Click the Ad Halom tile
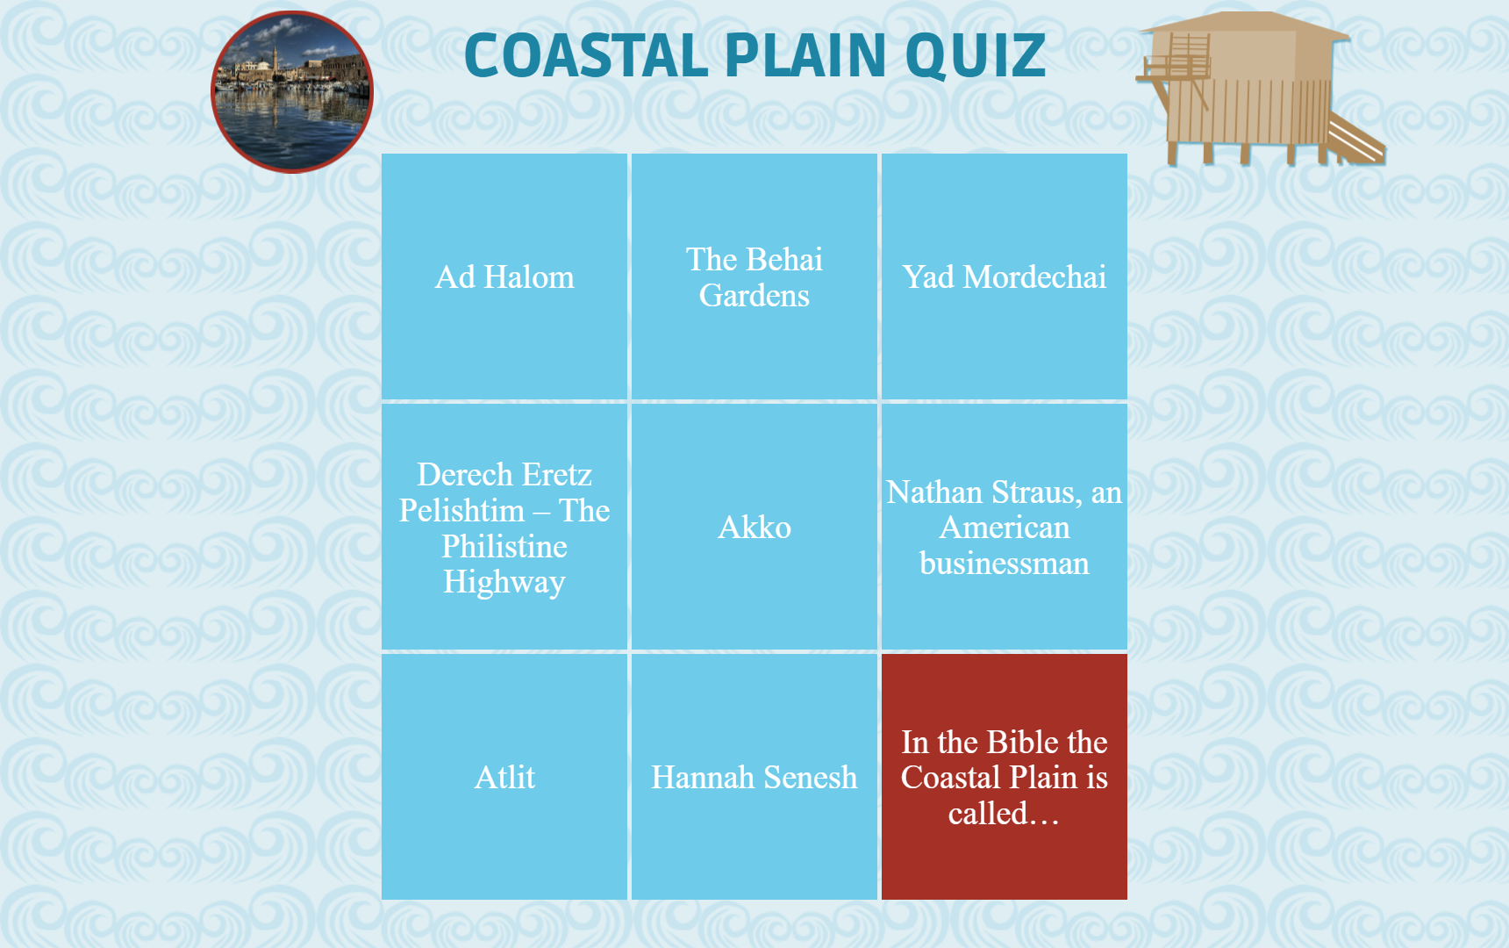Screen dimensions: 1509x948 coord(504,276)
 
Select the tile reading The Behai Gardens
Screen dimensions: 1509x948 coord(754,276)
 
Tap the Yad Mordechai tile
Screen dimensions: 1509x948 coord(1005,276)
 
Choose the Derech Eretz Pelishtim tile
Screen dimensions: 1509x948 coord(504,527)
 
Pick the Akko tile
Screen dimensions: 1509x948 coord(754,527)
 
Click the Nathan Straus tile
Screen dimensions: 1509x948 coord(1005,527)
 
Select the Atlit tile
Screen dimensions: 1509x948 coord(504,777)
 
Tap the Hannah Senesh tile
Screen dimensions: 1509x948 coord(754,777)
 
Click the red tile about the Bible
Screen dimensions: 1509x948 coord(1005,777)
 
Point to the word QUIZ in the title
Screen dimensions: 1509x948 coord(975,56)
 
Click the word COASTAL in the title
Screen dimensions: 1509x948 coord(585,55)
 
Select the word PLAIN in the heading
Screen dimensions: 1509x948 coord(805,55)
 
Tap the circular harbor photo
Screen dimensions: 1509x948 coord(292,92)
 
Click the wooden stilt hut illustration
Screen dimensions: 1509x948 coord(1260,88)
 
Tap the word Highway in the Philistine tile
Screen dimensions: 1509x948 coord(504,583)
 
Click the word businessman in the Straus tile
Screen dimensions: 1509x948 coord(1005,564)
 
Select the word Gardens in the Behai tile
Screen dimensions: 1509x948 coord(754,296)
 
